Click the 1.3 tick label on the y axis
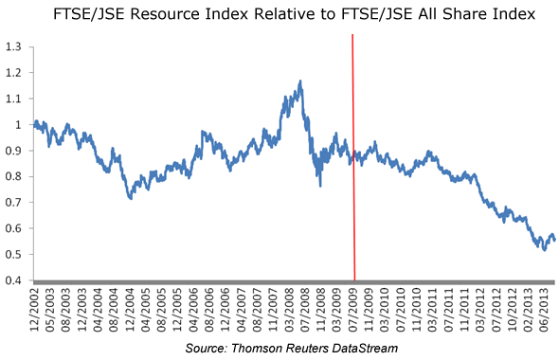(x=13, y=46)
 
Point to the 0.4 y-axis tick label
(x=13, y=280)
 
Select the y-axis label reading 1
(x=18, y=125)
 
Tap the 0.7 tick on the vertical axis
(x=13, y=203)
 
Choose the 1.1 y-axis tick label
(x=13, y=99)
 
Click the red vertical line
(x=353, y=157)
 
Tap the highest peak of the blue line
(x=300, y=81)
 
